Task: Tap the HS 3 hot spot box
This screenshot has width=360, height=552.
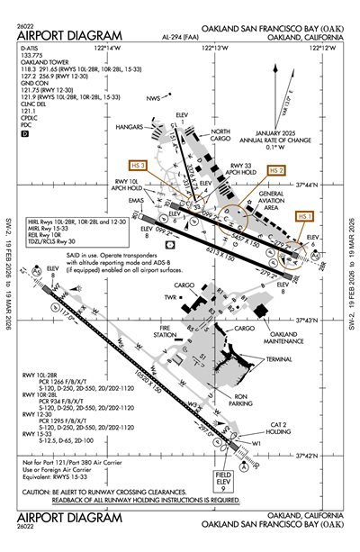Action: coord(138,166)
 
